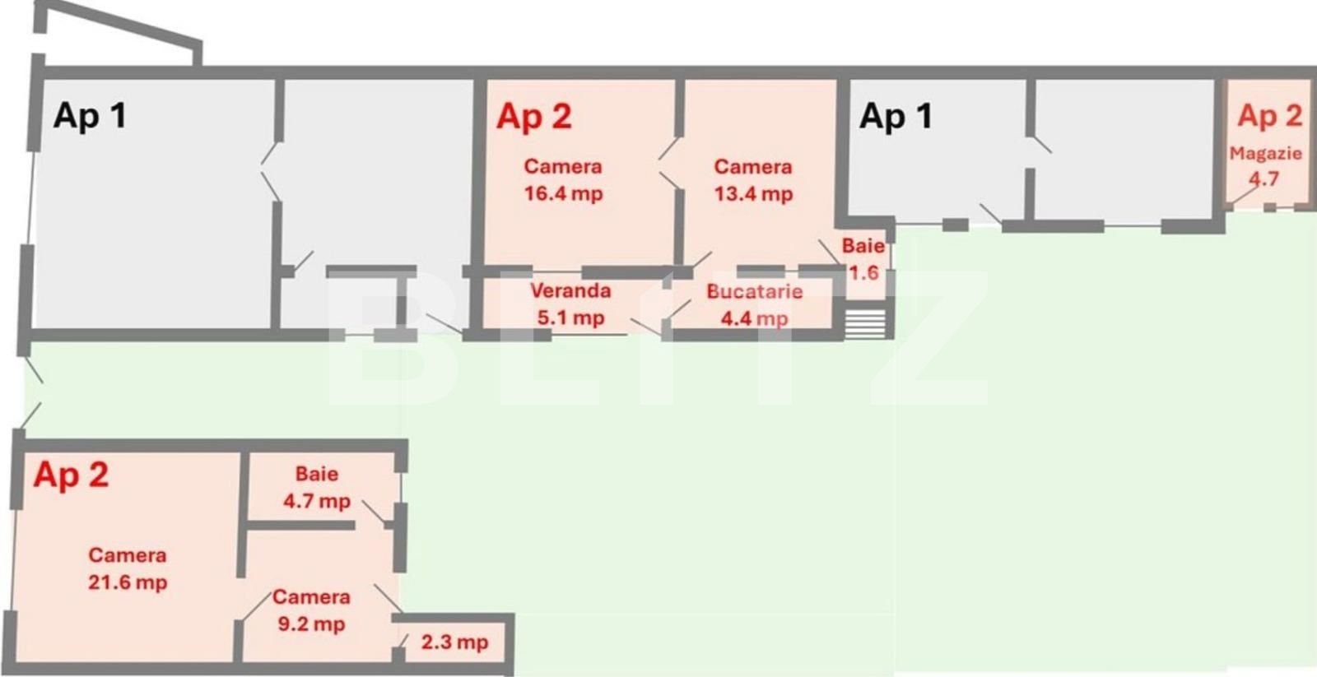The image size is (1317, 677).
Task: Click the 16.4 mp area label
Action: (x=563, y=194)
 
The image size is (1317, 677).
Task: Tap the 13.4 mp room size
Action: (x=753, y=194)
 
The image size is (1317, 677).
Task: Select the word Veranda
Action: (x=570, y=290)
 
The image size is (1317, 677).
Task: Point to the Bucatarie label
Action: (x=754, y=291)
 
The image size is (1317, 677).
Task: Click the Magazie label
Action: (x=1266, y=154)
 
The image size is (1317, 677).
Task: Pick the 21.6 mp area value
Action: (x=128, y=582)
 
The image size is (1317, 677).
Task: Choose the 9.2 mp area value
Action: (x=311, y=624)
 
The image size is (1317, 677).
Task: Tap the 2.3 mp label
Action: (x=454, y=642)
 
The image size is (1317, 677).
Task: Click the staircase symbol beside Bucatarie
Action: (x=865, y=323)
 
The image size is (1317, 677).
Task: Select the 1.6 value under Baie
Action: (x=863, y=272)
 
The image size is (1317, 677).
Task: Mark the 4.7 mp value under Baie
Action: (x=317, y=501)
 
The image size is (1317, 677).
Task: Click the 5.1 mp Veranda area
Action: (x=570, y=318)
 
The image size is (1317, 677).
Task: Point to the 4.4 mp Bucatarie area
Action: (x=754, y=318)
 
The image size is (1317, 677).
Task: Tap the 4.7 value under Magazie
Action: (x=1264, y=179)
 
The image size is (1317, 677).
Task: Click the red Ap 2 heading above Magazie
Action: (x=1269, y=116)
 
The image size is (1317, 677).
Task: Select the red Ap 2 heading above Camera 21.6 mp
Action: (x=71, y=475)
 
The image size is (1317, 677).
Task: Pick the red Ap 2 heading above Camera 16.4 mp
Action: (x=534, y=116)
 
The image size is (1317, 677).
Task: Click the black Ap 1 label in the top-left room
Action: (x=90, y=115)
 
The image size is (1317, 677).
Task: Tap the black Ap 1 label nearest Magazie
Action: (x=896, y=116)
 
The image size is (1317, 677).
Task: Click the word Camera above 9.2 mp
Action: (x=311, y=597)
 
